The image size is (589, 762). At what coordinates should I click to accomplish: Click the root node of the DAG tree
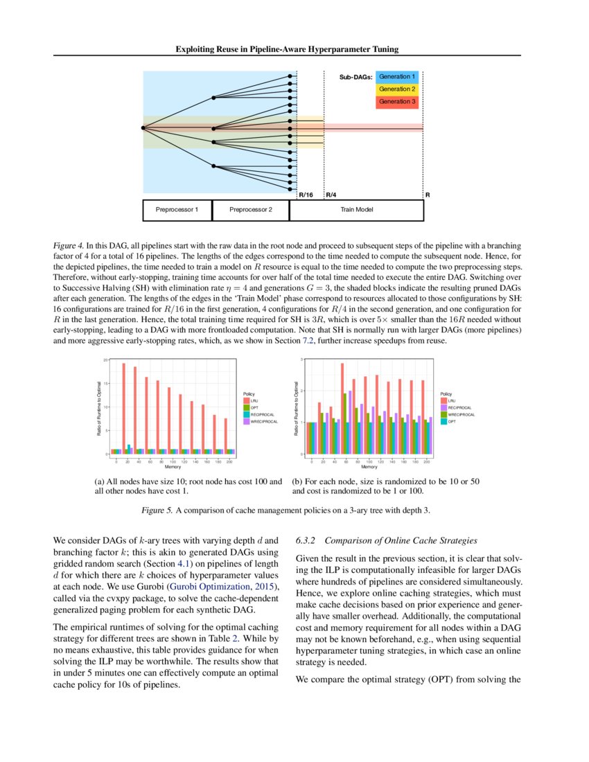(x=143, y=127)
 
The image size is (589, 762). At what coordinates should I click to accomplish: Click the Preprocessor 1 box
(x=177, y=210)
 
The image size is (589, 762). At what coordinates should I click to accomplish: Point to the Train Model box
(x=355, y=210)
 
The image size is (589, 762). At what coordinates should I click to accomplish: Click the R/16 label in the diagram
(x=306, y=195)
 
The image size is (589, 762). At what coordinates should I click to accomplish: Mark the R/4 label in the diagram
(x=331, y=195)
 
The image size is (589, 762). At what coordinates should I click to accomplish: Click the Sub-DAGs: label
(x=356, y=77)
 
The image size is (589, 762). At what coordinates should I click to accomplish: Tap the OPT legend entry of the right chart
(x=444, y=420)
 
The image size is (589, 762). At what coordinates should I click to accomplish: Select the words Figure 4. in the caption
(x=69, y=246)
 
